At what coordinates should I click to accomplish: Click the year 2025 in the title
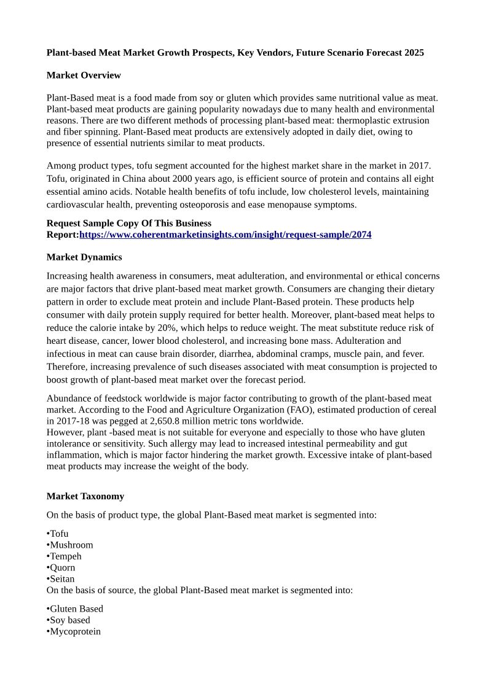414,53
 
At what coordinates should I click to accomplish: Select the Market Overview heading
84,76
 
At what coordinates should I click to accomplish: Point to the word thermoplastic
348,120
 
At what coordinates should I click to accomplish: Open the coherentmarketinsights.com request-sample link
225,235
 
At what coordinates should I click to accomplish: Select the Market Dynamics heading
84,257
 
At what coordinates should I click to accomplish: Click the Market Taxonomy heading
85,496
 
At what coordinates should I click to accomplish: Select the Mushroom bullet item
71,545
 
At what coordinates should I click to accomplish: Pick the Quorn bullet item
63,567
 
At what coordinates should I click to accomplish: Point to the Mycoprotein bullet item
75,631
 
